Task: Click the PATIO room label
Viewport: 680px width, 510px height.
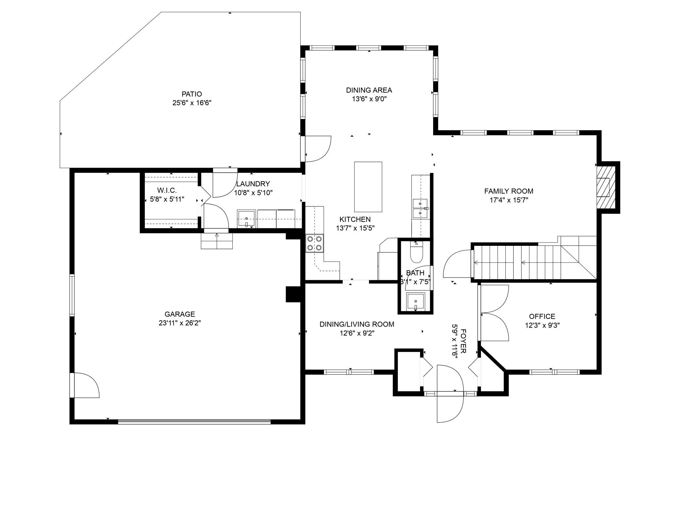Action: [x=192, y=94]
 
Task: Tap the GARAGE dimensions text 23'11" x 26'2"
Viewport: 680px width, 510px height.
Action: [x=180, y=323]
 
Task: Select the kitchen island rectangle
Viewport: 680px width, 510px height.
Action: [x=368, y=187]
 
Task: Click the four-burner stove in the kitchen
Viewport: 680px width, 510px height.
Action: [x=314, y=243]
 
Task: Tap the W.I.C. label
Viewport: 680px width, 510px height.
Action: [x=167, y=190]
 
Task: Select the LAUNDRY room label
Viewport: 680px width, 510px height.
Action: [x=253, y=184]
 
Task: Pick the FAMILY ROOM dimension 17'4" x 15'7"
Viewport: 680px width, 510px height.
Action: [x=509, y=200]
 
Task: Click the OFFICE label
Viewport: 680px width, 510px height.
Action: [x=542, y=316]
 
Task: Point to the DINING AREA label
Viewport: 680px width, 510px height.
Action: [x=369, y=90]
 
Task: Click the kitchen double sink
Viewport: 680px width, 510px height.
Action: [x=420, y=208]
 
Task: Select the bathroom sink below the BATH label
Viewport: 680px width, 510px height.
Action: [x=415, y=302]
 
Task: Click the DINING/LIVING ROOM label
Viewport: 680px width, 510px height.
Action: [x=357, y=324]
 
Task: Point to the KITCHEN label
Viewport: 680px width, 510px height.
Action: [x=355, y=219]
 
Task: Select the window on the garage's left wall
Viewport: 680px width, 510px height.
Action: [x=72, y=295]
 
